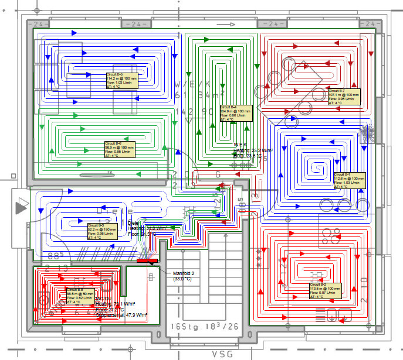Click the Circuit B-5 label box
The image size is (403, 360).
pos(122,80)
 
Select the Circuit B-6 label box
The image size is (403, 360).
pos(120,150)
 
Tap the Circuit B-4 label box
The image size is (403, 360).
pos(236,112)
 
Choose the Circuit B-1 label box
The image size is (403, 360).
pos(350,180)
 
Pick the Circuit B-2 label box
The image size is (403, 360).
pos(326,290)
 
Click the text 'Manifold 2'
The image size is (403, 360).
pos(187,273)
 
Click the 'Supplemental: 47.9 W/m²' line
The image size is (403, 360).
pos(121,315)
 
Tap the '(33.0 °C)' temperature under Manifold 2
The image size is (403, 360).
pos(184,279)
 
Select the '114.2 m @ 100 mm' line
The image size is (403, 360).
pos(121,79)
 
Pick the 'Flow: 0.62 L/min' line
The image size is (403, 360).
pos(79,298)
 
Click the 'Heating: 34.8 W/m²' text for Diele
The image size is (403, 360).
pos(146,228)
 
